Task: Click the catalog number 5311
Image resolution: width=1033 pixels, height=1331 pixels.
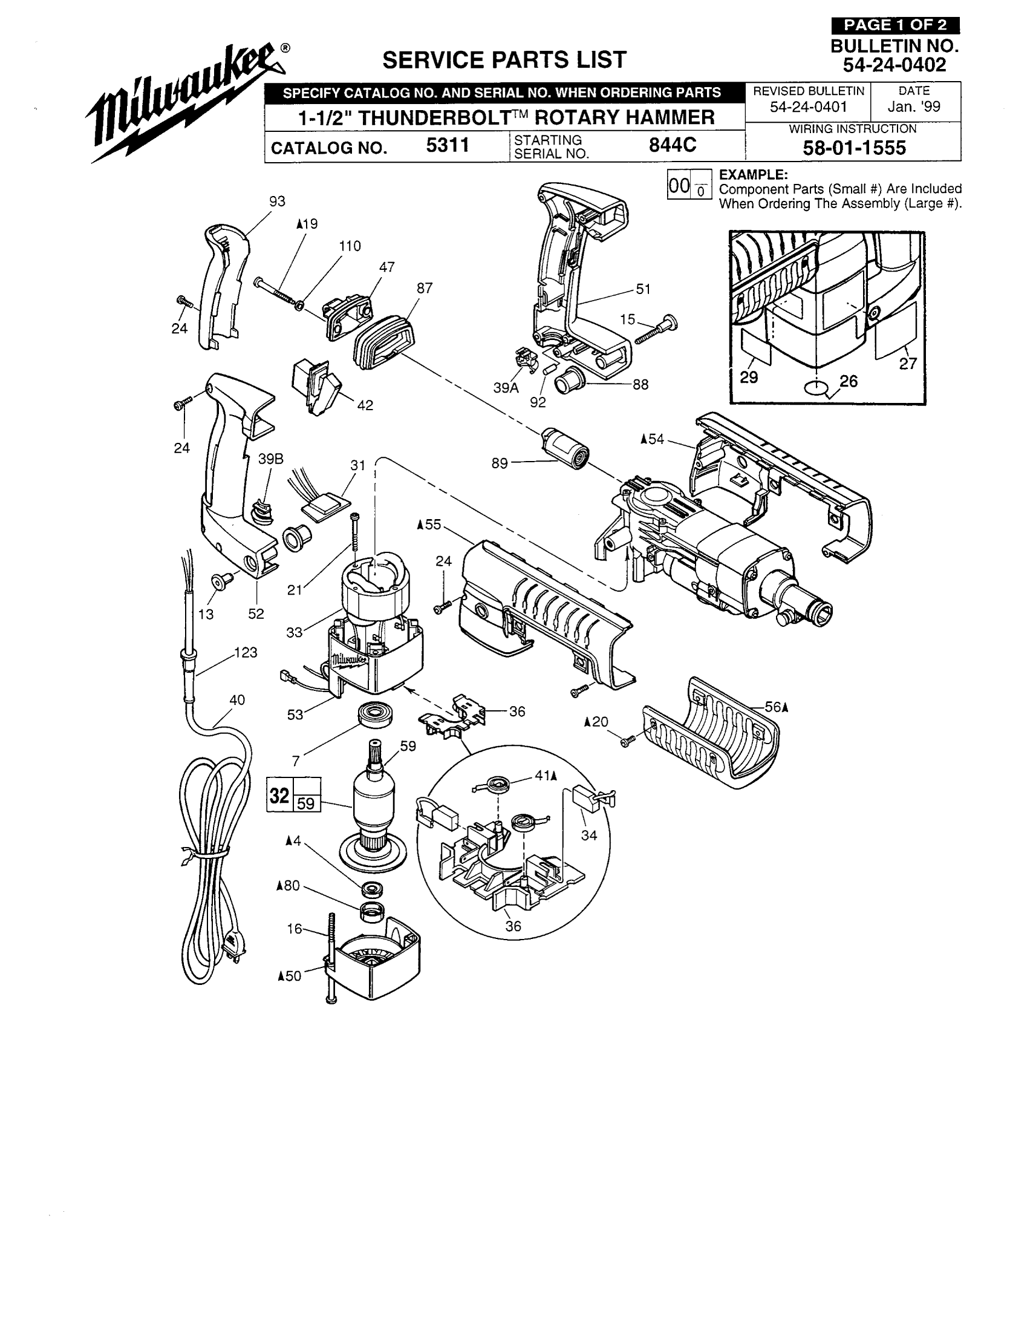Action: pos(447,146)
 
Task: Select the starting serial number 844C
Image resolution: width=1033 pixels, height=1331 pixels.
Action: pos(672,146)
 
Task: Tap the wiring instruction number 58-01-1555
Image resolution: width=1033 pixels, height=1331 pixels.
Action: pos(854,148)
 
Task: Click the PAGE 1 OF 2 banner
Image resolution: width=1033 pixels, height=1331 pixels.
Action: pos(895,25)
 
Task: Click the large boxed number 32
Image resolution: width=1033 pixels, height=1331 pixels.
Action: pos(279,796)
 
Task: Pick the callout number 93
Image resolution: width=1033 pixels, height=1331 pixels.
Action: pos(277,201)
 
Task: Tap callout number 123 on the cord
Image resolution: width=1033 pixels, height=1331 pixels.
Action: pos(246,653)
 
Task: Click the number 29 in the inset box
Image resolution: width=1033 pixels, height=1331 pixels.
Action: pos(749,378)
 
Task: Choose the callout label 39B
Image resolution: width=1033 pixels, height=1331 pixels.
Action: pos(270,459)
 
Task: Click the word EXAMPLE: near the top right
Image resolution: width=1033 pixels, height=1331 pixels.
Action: pos(753,175)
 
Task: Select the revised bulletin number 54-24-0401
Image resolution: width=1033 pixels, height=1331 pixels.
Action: pos(808,107)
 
